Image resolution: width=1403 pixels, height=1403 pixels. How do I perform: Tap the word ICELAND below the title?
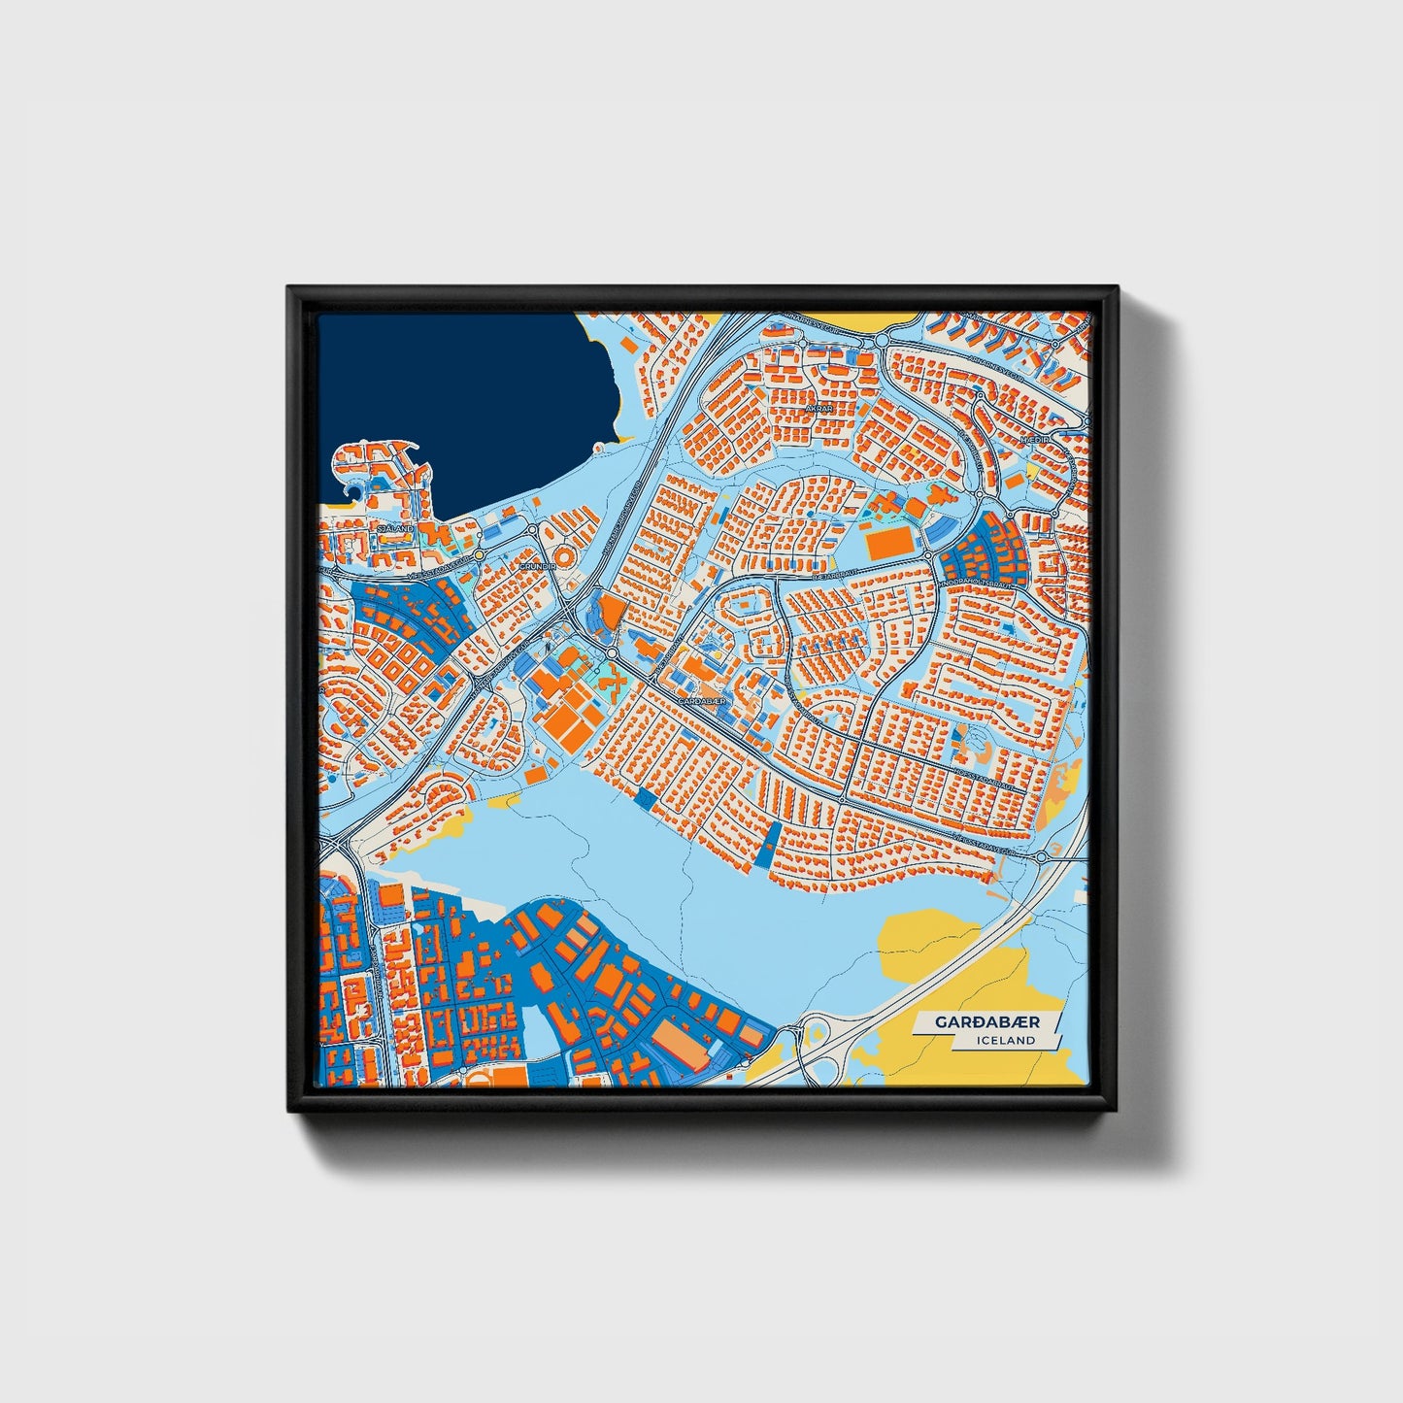pos(1007,1040)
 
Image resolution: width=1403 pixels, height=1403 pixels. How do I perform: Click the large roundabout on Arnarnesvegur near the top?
pos(882,341)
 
